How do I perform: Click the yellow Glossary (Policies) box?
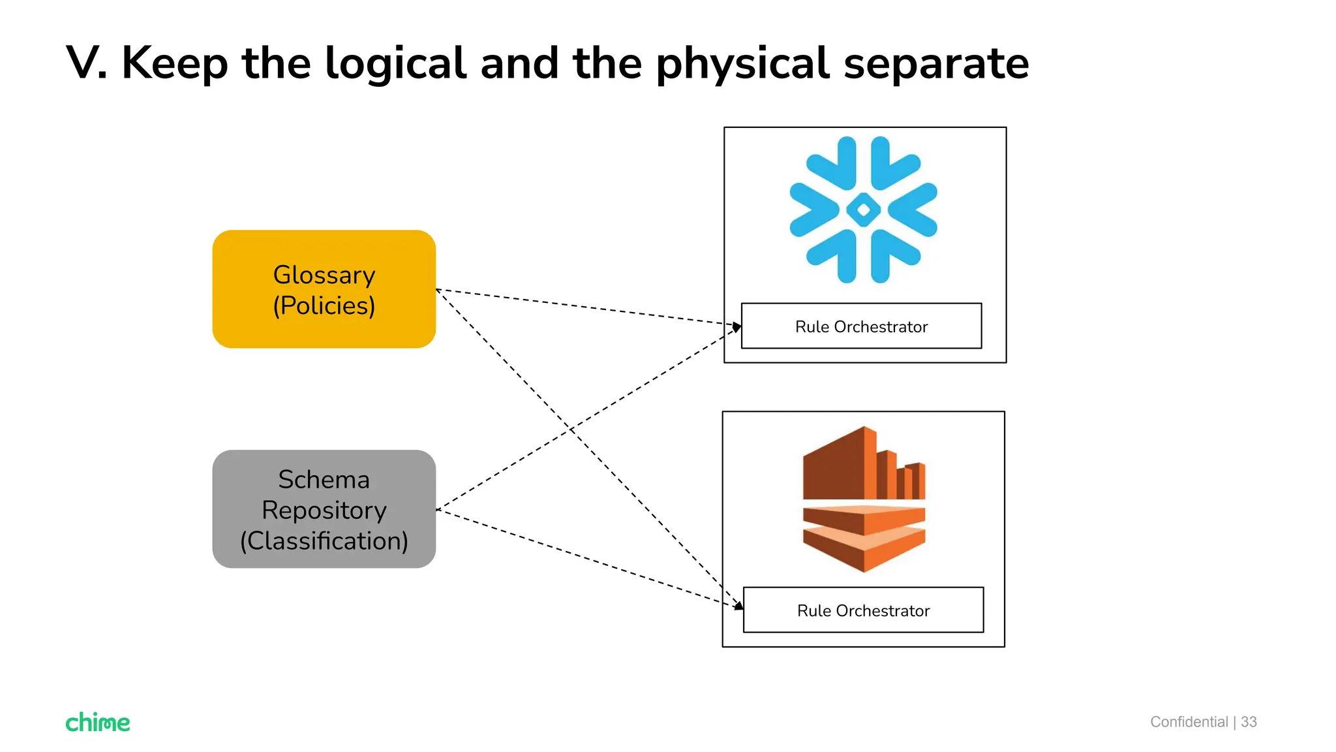click(x=324, y=289)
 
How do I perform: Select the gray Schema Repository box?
click(x=324, y=509)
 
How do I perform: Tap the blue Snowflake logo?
click(x=863, y=210)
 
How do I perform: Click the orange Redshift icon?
click(x=864, y=499)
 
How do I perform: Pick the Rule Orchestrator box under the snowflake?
click(x=861, y=326)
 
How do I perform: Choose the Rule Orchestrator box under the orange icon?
click(x=863, y=610)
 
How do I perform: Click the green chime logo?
click(x=98, y=722)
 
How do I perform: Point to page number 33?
click(x=1249, y=721)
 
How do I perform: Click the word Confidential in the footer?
click(x=1189, y=721)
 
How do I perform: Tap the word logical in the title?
click(x=395, y=63)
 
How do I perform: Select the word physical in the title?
click(x=742, y=63)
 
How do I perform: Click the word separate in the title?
click(x=936, y=63)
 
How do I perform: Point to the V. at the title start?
click(x=87, y=63)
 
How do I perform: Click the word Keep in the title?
click(x=175, y=63)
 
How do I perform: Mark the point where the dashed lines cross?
click(x=571, y=429)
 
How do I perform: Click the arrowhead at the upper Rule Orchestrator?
click(x=737, y=326)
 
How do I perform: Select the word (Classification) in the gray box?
click(x=324, y=540)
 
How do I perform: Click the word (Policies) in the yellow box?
click(x=324, y=305)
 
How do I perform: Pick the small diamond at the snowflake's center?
click(x=863, y=210)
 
